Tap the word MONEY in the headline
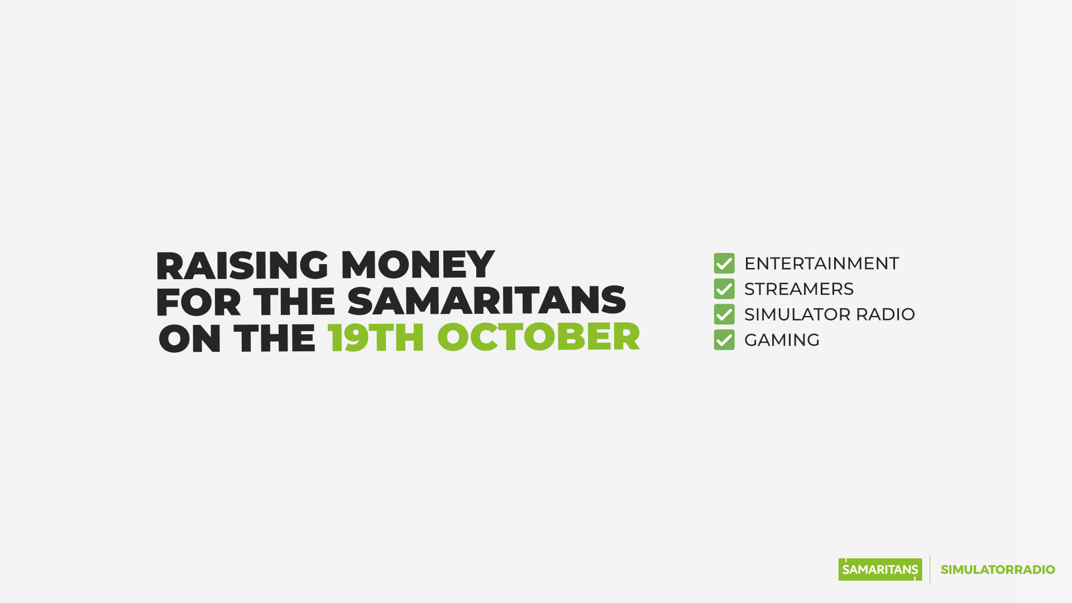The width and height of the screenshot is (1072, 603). tap(418, 265)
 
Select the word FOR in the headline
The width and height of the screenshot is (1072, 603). tap(198, 302)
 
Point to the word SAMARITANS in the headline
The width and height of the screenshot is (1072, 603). tap(487, 301)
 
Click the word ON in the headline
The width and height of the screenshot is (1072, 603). tap(190, 338)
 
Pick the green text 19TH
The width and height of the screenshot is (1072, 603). tap(376, 338)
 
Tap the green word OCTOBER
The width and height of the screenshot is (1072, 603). tap(538, 337)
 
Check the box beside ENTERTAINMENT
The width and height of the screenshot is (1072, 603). tap(724, 264)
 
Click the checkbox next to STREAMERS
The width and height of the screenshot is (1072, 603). tap(724, 289)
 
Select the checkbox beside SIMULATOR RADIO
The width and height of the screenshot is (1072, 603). tap(724, 314)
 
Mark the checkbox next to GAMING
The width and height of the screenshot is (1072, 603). tap(724, 340)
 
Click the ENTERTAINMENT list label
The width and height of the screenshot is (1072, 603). tap(821, 264)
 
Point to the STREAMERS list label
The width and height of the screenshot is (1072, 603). tap(799, 289)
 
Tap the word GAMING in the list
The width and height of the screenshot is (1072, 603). tap(782, 340)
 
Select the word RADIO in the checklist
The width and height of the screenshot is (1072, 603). tap(886, 314)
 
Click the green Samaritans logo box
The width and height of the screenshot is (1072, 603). tap(880, 569)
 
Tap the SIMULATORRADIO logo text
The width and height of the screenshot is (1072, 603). tap(998, 569)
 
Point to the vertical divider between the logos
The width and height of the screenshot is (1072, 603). tap(930, 569)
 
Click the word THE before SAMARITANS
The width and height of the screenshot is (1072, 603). tap(294, 302)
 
